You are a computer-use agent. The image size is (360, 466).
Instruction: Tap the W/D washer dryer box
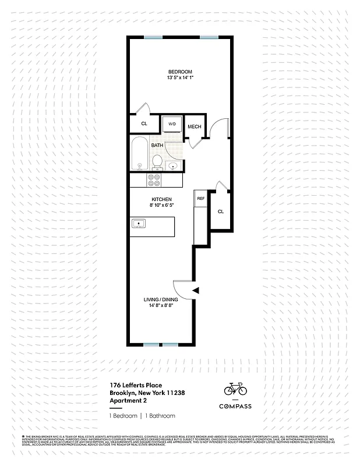(172, 124)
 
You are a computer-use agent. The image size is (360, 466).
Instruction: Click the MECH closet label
(194, 128)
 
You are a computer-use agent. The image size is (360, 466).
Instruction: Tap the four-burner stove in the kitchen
(155, 180)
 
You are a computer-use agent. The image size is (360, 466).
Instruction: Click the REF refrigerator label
(200, 199)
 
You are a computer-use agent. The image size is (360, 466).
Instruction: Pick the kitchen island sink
(139, 223)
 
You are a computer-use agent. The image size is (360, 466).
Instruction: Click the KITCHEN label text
(161, 200)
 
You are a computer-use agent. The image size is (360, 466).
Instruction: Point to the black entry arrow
(196, 290)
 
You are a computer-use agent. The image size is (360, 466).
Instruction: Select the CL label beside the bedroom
(144, 124)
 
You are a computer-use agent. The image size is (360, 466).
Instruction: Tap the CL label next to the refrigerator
(220, 211)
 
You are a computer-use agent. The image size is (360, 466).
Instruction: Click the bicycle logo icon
(235, 389)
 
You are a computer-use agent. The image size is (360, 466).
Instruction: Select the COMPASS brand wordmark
(235, 407)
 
